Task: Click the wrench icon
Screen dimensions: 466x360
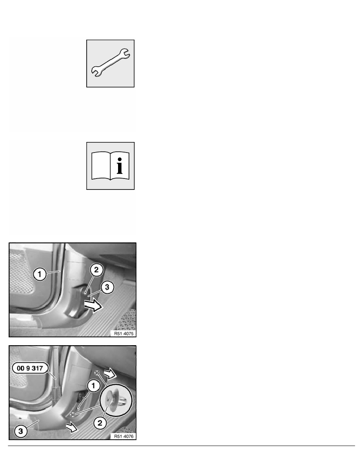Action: pos(110,63)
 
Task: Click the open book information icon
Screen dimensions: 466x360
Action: pos(110,166)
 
